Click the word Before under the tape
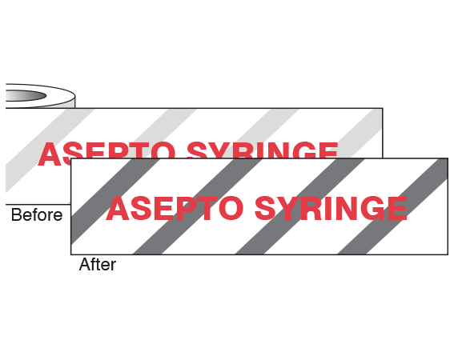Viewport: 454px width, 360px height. click(x=37, y=215)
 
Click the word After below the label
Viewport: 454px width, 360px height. click(x=98, y=264)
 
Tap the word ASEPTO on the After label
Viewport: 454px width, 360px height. click(x=175, y=208)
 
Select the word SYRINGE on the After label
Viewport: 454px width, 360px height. click(x=331, y=208)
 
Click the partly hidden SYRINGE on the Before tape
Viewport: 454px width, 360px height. click(x=263, y=150)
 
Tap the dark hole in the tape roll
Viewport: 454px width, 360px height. click(x=26, y=96)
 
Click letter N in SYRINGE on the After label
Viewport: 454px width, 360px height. click(x=346, y=208)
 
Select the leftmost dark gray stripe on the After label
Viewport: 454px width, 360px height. click(x=115, y=201)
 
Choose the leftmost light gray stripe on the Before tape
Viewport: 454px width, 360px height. click(x=49, y=150)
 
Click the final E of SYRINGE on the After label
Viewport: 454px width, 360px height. click(x=397, y=208)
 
